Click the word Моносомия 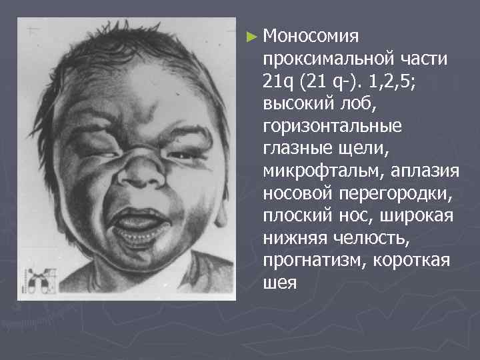pos(311,35)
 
